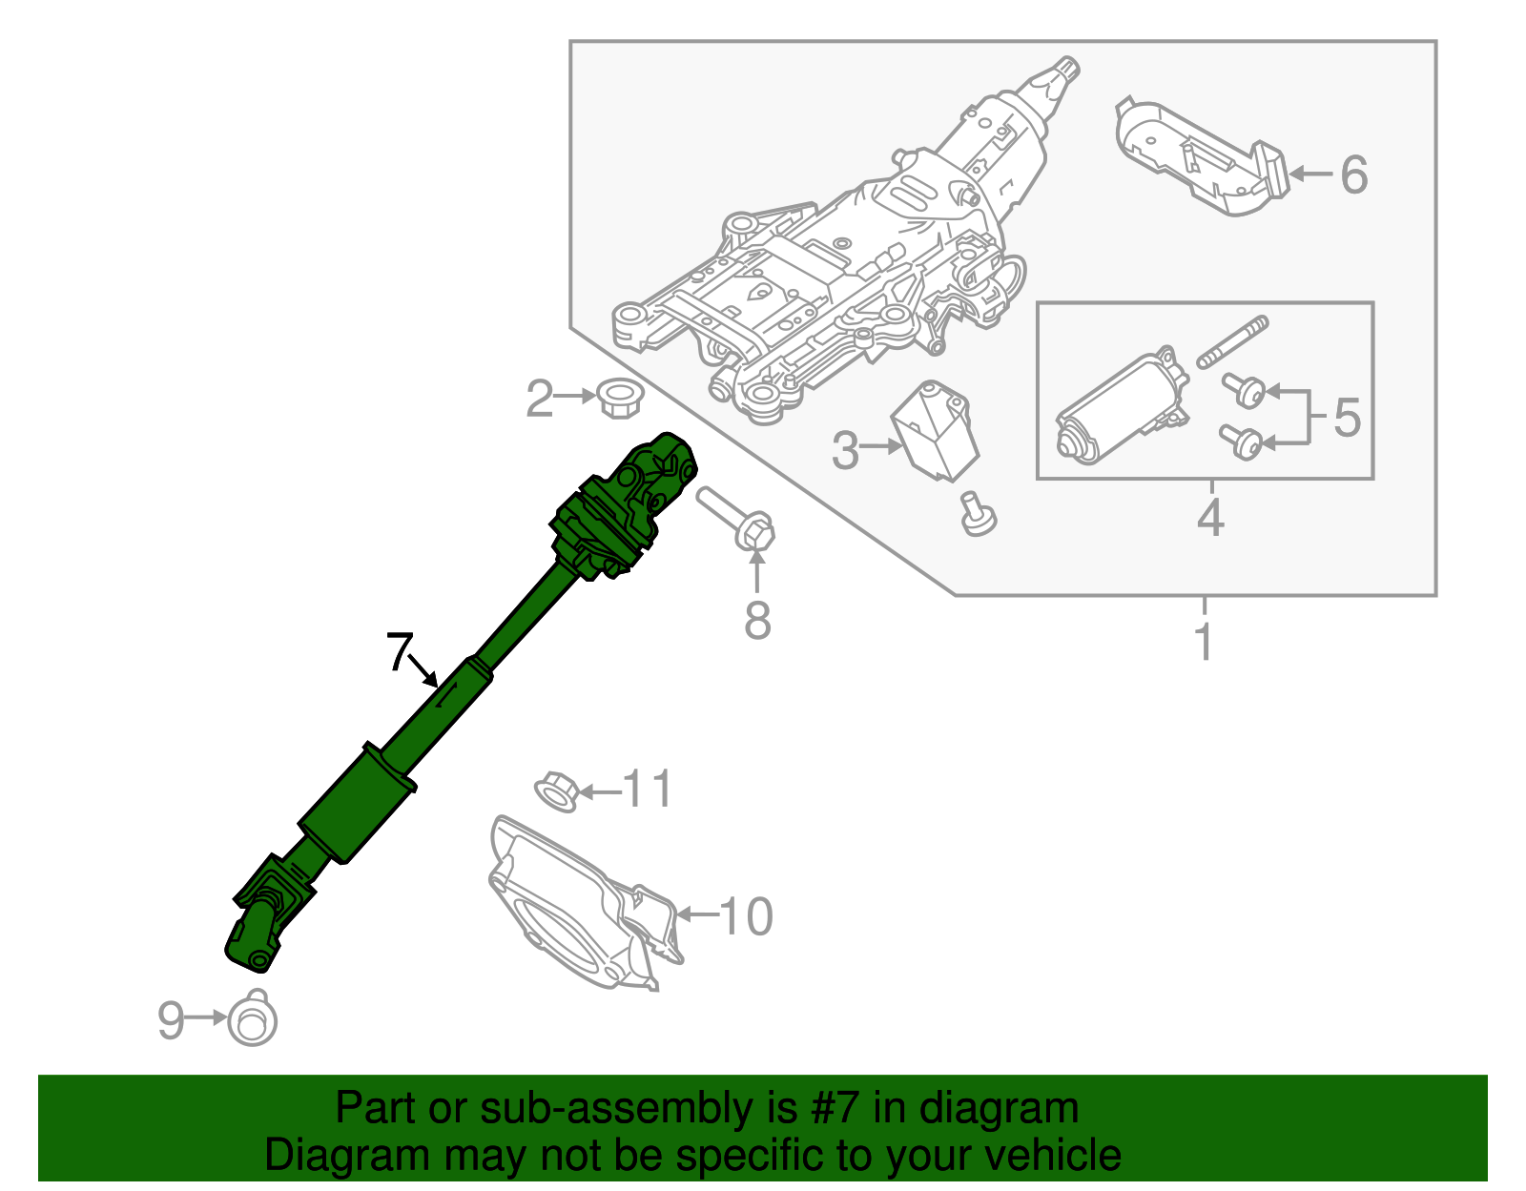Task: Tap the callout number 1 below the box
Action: tap(1204, 641)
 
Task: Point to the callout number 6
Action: tap(1353, 175)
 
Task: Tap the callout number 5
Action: tap(1347, 418)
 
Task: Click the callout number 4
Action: tap(1209, 519)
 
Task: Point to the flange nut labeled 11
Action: tap(555, 791)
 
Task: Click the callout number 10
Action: tap(746, 916)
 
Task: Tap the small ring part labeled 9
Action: tap(253, 1021)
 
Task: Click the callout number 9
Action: tap(170, 1020)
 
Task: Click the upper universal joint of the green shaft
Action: tap(629, 505)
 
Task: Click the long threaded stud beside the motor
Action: tap(1232, 342)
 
